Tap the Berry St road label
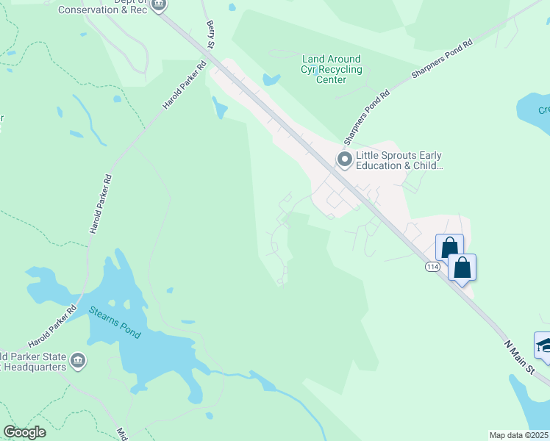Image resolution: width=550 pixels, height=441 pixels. pyautogui.click(x=213, y=34)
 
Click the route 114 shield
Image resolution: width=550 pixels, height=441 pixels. pyautogui.click(x=432, y=266)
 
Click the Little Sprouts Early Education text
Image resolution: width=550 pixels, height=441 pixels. pyautogui.click(x=399, y=161)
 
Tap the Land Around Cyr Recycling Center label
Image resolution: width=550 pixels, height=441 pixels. pyautogui.click(x=332, y=69)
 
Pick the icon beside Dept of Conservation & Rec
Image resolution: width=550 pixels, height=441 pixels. pyautogui.click(x=159, y=6)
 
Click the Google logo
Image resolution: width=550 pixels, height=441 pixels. pyautogui.click(x=25, y=432)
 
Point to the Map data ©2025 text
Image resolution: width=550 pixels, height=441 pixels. pyautogui.click(x=519, y=435)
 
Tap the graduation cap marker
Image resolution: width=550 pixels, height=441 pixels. pyautogui.click(x=543, y=346)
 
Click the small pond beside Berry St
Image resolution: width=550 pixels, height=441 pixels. pyautogui.click(x=220, y=110)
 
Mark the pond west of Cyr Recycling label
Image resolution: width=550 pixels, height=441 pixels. pyautogui.click(x=271, y=79)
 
